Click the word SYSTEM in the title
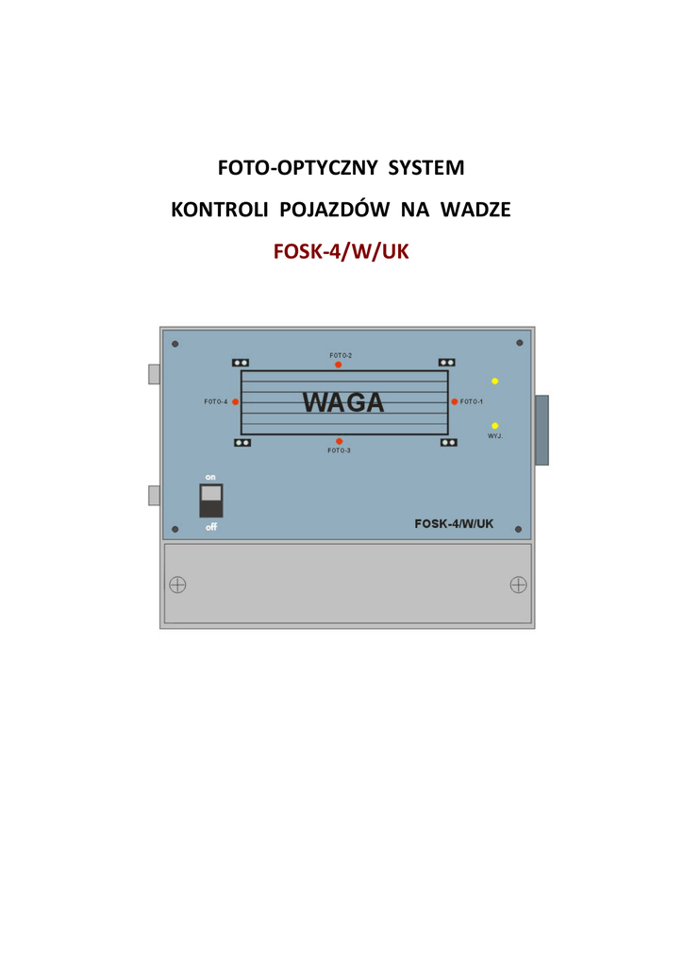coord(427,168)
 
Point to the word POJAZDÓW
coord(336,210)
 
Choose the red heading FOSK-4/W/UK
coord(341,252)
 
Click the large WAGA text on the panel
coord(343,402)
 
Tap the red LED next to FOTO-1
coord(454,401)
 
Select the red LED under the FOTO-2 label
coord(339,365)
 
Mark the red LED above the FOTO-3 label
coord(339,441)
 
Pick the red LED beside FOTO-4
coord(235,401)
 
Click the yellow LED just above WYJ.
coord(494,426)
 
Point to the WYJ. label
coord(495,436)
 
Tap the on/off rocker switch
coord(211,500)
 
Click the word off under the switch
coord(211,527)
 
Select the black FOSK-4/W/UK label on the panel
coord(454,523)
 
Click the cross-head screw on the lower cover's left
coord(177,585)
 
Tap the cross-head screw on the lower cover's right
coord(518,585)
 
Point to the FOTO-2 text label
coord(341,355)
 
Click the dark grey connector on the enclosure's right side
coord(541,430)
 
